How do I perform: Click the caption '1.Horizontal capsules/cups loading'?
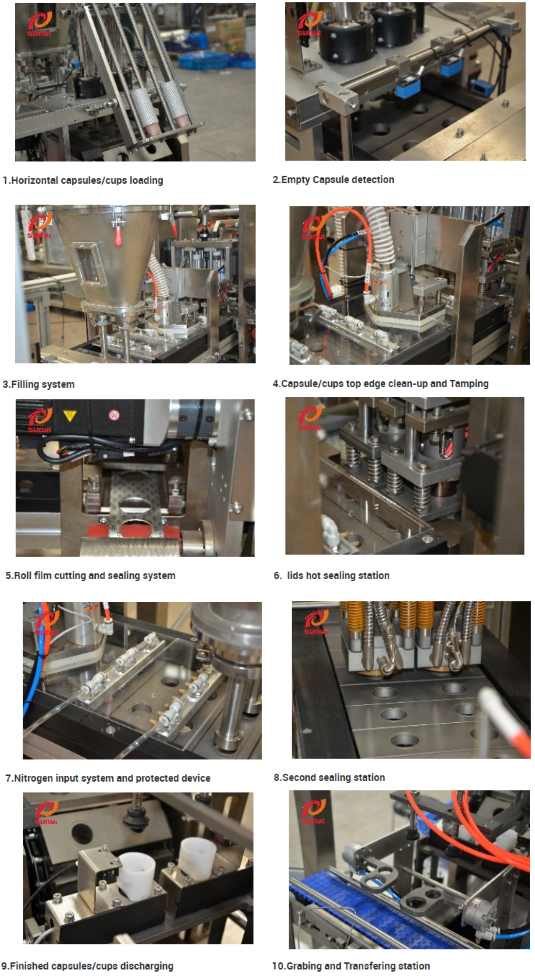[83, 180]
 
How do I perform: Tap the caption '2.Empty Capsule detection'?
[333, 179]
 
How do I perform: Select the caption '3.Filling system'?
[39, 384]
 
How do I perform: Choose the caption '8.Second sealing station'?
[329, 777]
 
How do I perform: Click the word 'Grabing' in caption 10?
[304, 966]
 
